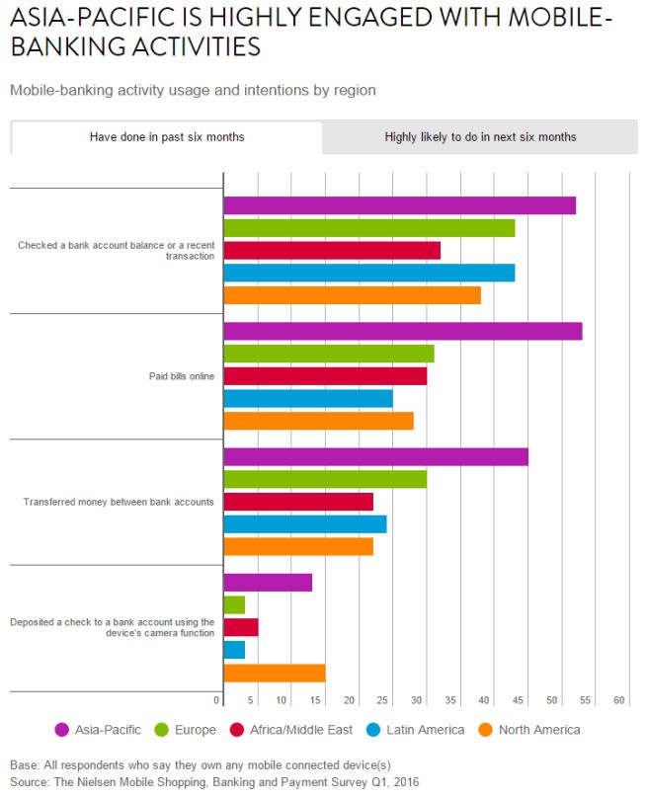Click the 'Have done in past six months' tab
(x=167, y=137)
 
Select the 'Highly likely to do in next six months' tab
(x=480, y=137)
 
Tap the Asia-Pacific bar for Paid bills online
(x=402, y=332)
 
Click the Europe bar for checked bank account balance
(x=368, y=228)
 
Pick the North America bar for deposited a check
(x=275, y=673)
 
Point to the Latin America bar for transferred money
(x=305, y=524)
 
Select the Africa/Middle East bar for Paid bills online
(x=325, y=376)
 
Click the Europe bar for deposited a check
(x=234, y=605)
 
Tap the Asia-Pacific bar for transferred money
(x=375, y=457)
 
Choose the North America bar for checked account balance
(x=352, y=295)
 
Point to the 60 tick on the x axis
(x=620, y=700)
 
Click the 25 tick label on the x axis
(x=383, y=700)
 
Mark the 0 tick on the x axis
(x=217, y=700)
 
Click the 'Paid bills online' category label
(x=175, y=376)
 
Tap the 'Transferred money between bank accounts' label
(x=119, y=502)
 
